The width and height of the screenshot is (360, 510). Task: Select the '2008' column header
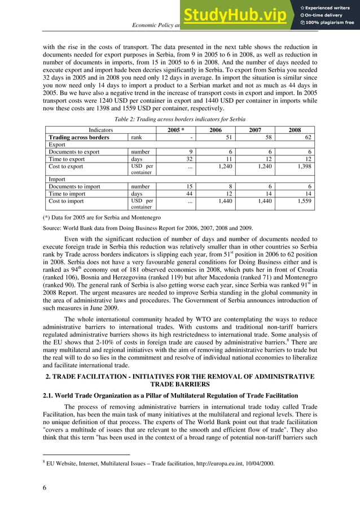(295, 130)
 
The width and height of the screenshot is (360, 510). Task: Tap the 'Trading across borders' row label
(79, 137)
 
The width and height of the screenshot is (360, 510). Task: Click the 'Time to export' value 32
(190, 159)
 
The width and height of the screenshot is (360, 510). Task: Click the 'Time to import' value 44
(190, 193)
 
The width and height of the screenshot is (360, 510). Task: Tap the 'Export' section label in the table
(58, 145)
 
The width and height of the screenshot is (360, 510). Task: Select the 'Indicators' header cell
(96, 130)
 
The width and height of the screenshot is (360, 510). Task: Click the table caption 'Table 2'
(179, 119)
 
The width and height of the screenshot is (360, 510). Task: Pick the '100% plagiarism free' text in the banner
(330, 23)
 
